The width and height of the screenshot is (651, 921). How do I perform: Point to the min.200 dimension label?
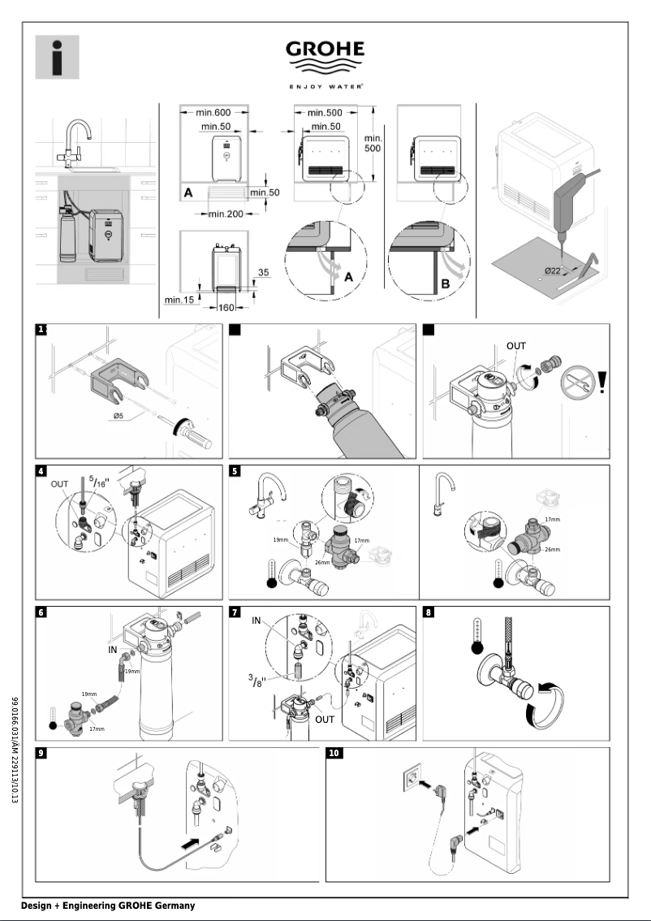[228, 214]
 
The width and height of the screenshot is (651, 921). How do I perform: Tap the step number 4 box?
[41, 471]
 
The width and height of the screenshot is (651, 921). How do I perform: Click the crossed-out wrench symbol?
[574, 382]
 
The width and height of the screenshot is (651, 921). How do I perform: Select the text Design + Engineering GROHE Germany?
[108, 906]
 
